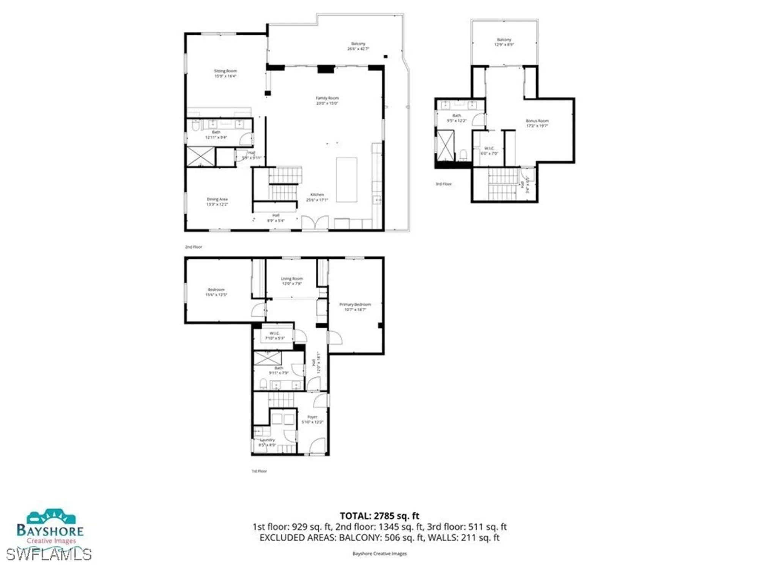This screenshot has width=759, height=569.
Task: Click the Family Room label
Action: (327, 101)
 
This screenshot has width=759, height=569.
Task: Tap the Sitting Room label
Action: (225, 74)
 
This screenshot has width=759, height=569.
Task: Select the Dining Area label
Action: (217, 202)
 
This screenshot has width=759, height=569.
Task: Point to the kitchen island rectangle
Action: (346, 180)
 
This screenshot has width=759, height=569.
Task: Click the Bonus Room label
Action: (537, 123)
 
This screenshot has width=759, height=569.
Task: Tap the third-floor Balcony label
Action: (504, 42)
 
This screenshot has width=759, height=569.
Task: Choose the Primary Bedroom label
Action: (355, 307)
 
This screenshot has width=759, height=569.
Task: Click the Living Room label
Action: (292, 281)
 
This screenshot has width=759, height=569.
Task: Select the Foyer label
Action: (312, 419)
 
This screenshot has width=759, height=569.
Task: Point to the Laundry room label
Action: (268, 442)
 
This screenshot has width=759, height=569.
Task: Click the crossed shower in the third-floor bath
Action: (446, 146)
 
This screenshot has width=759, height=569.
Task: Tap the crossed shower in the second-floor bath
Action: (200, 156)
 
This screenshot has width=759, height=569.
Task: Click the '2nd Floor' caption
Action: (194, 247)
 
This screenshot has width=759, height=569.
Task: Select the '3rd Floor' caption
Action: (443, 184)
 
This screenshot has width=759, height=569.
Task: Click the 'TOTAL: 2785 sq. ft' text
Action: (379, 516)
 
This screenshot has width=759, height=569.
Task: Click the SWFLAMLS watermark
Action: (49, 555)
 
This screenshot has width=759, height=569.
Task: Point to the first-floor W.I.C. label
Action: (274, 336)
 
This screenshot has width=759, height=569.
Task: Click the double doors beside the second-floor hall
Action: (315, 223)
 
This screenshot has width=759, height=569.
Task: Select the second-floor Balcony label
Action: (358, 46)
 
